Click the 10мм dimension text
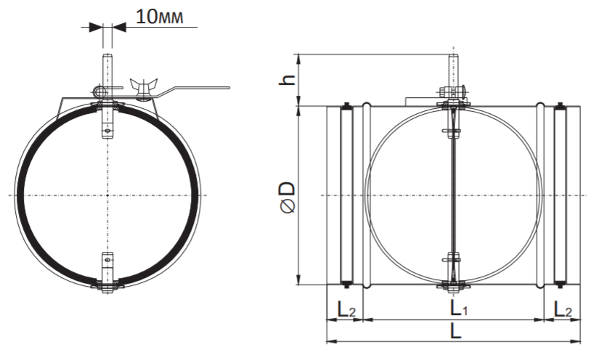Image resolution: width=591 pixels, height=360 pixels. (160, 17)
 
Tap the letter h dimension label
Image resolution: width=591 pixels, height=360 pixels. (288, 79)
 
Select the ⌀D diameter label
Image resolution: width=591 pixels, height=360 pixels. (288, 197)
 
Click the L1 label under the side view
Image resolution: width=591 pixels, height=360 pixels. (459, 309)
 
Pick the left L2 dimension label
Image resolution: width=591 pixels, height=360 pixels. (346, 310)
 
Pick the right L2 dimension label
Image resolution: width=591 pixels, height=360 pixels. (563, 310)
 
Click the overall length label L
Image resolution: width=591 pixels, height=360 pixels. (456, 332)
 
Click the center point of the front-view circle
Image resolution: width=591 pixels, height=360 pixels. (107, 195)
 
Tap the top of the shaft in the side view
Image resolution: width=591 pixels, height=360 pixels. (453, 56)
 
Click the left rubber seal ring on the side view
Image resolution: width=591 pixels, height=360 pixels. (346, 195)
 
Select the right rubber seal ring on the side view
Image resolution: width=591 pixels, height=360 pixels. (561, 195)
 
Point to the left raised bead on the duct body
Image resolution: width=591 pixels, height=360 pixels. (367, 195)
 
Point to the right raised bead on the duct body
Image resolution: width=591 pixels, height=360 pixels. (540, 195)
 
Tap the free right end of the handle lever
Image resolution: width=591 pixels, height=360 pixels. (228, 88)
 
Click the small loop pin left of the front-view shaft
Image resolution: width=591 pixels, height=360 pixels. (98, 91)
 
